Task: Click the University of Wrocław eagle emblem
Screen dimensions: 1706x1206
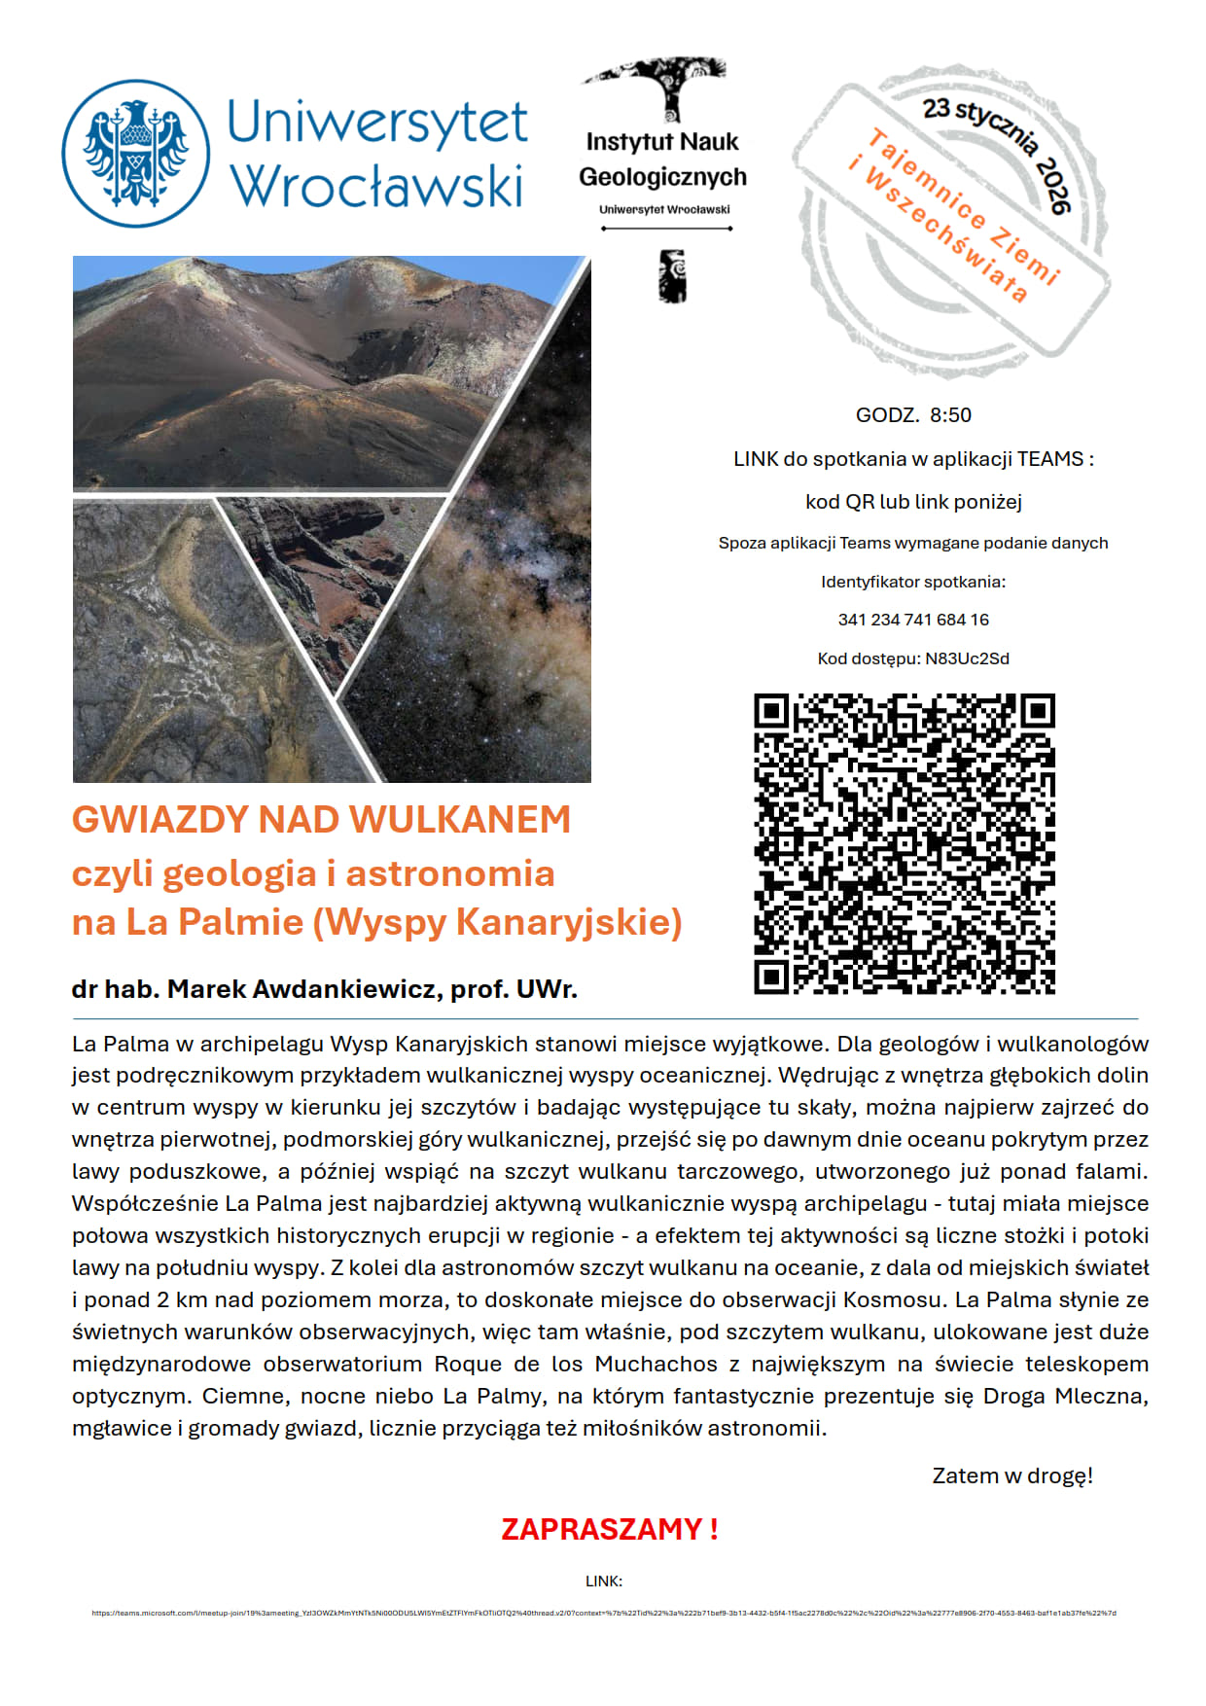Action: tap(136, 154)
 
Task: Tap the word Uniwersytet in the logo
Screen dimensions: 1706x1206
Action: tap(377, 124)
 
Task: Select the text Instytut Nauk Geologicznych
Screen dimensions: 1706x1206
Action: tap(662, 160)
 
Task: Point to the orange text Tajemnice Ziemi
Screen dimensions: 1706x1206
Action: tap(962, 205)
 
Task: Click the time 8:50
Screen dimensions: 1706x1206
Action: tap(950, 415)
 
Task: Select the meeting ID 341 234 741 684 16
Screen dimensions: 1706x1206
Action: tap(913, 620)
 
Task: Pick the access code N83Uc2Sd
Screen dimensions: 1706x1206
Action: tap(967, 658)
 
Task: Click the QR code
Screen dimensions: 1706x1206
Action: tap(904, 843)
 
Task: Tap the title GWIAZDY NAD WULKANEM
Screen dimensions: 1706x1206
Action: tap(321, 820)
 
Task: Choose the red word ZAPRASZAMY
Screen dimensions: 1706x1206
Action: tap(601, 1529)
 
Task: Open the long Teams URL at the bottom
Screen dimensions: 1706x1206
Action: tap(603, 1613)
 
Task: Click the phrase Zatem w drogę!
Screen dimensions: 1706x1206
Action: tap(1011, 1475)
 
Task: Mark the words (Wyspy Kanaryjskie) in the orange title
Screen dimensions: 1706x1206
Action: tap(497, 922)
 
